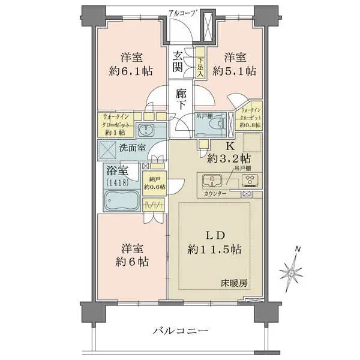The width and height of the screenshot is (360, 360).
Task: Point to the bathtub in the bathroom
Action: (x=122, y=200)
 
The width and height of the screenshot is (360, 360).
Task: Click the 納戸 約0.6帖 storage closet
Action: (x=155, y=183)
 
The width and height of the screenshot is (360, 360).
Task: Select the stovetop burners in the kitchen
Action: (x=250, y=180)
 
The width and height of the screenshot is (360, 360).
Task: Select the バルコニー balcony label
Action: (x=180, y=331)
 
